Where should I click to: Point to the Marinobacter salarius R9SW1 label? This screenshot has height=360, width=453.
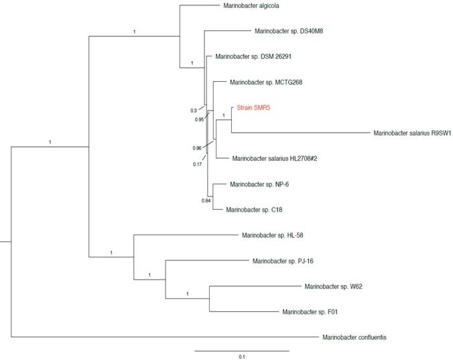(411, 133)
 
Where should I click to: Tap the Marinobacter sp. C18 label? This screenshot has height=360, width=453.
(254, 210)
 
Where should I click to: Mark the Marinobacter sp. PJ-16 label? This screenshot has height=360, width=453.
(277, 261)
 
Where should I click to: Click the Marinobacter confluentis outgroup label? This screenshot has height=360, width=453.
(354, 337)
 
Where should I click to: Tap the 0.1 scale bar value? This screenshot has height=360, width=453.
(242, 357)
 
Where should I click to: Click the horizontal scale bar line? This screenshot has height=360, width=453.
(242, 350)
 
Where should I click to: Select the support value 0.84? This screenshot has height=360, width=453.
(206, 200)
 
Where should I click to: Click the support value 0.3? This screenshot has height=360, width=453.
(194, 111)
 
